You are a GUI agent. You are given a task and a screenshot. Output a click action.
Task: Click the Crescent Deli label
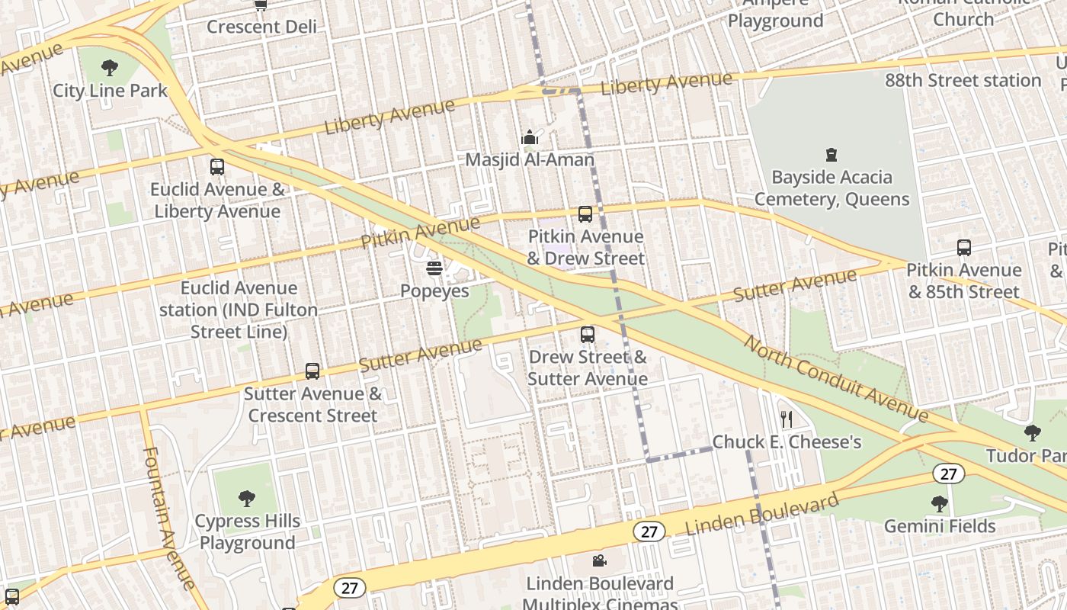[261, 27]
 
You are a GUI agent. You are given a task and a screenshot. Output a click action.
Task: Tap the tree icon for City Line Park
[110, 68]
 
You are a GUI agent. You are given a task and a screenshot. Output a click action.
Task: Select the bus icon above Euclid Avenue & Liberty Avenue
[217, 166]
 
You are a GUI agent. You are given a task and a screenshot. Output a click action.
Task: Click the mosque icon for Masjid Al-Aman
[530, 138]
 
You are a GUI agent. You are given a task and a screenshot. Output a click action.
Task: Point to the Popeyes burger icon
[434, 268]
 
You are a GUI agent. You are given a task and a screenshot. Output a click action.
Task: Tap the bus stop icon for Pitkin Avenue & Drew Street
[585, 214]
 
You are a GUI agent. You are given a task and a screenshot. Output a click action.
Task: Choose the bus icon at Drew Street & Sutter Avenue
[587, 334]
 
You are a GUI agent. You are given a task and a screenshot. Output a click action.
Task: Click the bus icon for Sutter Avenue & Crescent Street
[312, 371]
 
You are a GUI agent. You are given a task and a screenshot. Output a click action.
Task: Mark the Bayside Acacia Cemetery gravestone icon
[831, 155]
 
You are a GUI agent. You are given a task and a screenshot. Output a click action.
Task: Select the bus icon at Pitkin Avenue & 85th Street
[964, 248]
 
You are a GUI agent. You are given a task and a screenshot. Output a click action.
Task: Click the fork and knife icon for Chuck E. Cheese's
[787, 419]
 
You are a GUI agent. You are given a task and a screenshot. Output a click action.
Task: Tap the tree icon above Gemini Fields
[939, 503]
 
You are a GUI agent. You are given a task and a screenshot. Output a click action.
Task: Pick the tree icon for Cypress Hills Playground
[247, 499]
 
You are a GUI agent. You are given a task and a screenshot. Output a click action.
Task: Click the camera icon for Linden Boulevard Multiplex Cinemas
[600, 561]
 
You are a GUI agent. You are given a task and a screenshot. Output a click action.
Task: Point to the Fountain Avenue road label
[168, 518]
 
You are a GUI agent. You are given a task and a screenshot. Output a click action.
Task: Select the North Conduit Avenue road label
[836, 379]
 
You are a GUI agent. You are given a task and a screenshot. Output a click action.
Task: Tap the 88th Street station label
[963, 80]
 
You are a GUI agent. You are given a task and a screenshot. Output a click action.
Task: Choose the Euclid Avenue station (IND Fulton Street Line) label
[239, 310]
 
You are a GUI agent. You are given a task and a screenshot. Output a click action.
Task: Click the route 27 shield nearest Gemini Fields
[948, 474]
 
